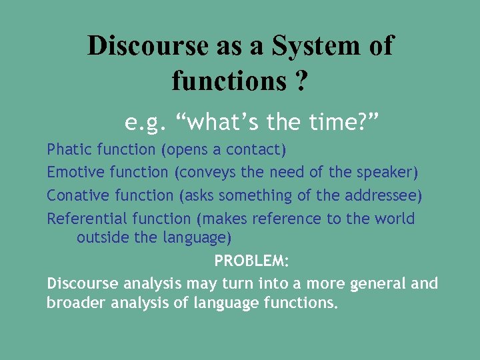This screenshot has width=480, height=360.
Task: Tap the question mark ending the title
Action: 301,81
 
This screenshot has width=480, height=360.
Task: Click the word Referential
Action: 87,219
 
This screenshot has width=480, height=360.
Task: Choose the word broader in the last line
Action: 74,303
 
